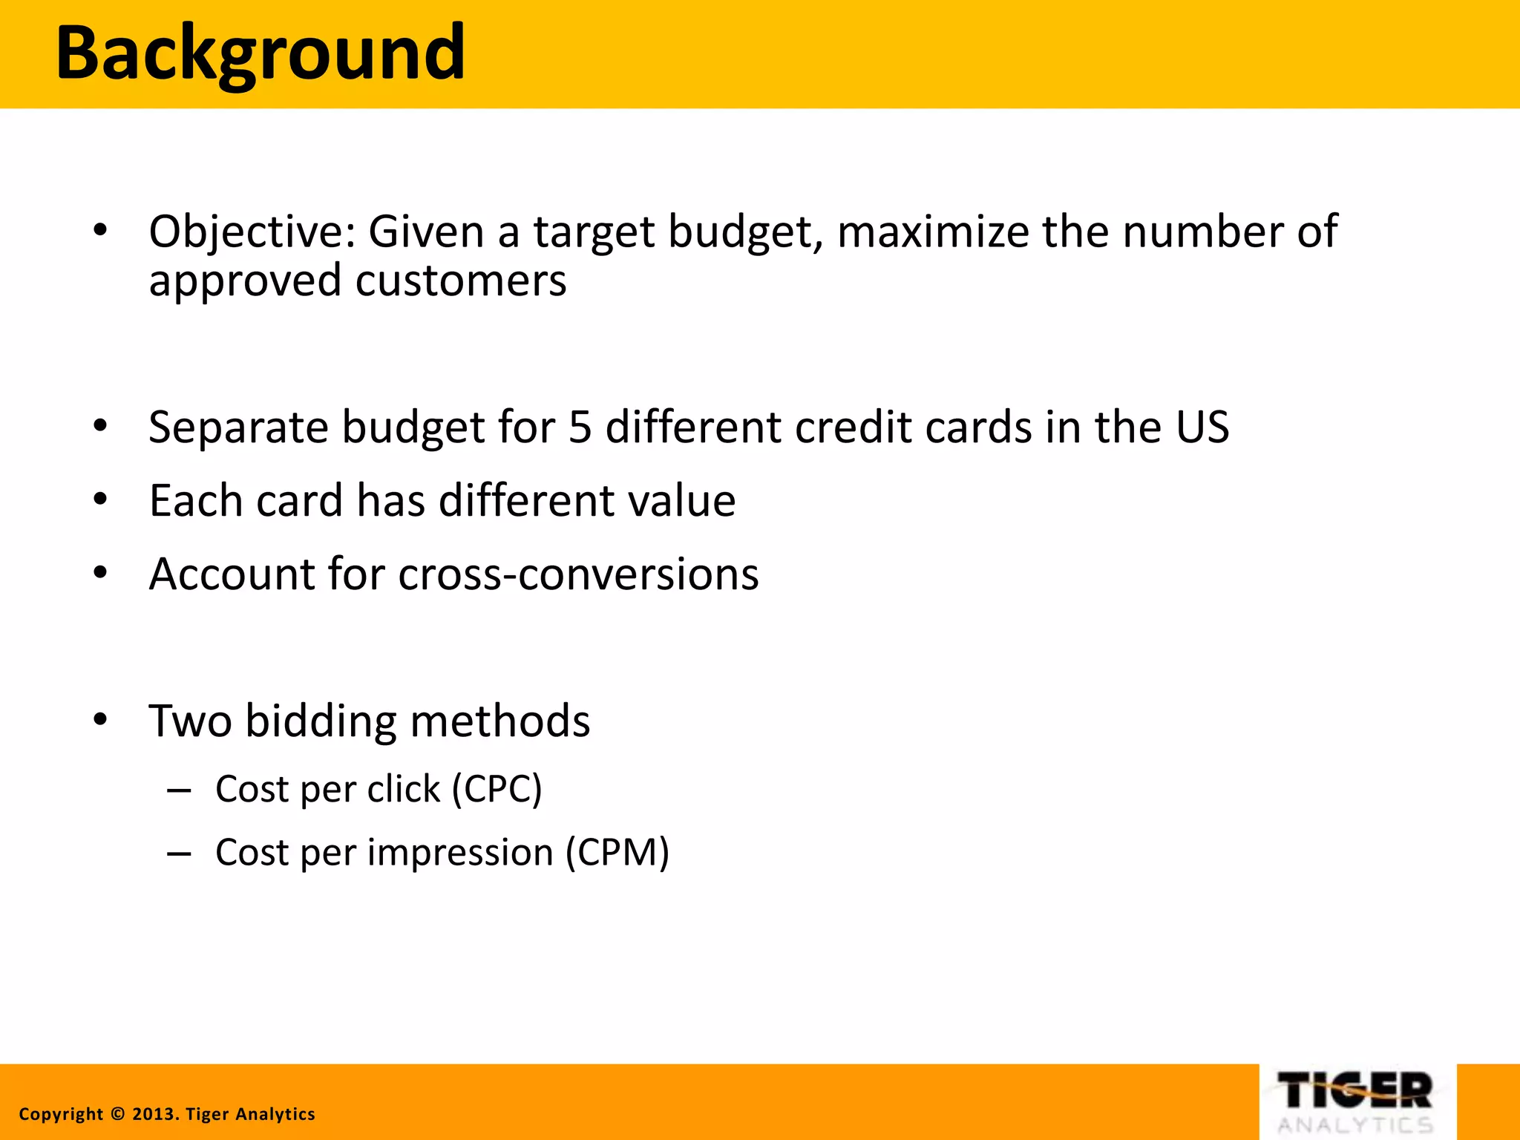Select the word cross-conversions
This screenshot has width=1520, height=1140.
coord(578,574)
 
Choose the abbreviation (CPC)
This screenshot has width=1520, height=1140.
coord(497,789)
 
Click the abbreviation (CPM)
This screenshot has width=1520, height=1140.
coord(617,853)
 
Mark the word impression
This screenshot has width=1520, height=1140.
coord(460,853)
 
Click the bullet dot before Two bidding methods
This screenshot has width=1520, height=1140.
coord(101,720)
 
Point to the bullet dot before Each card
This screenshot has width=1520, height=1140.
coord(101,499)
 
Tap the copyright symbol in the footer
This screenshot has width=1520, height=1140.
coord(117,1114)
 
